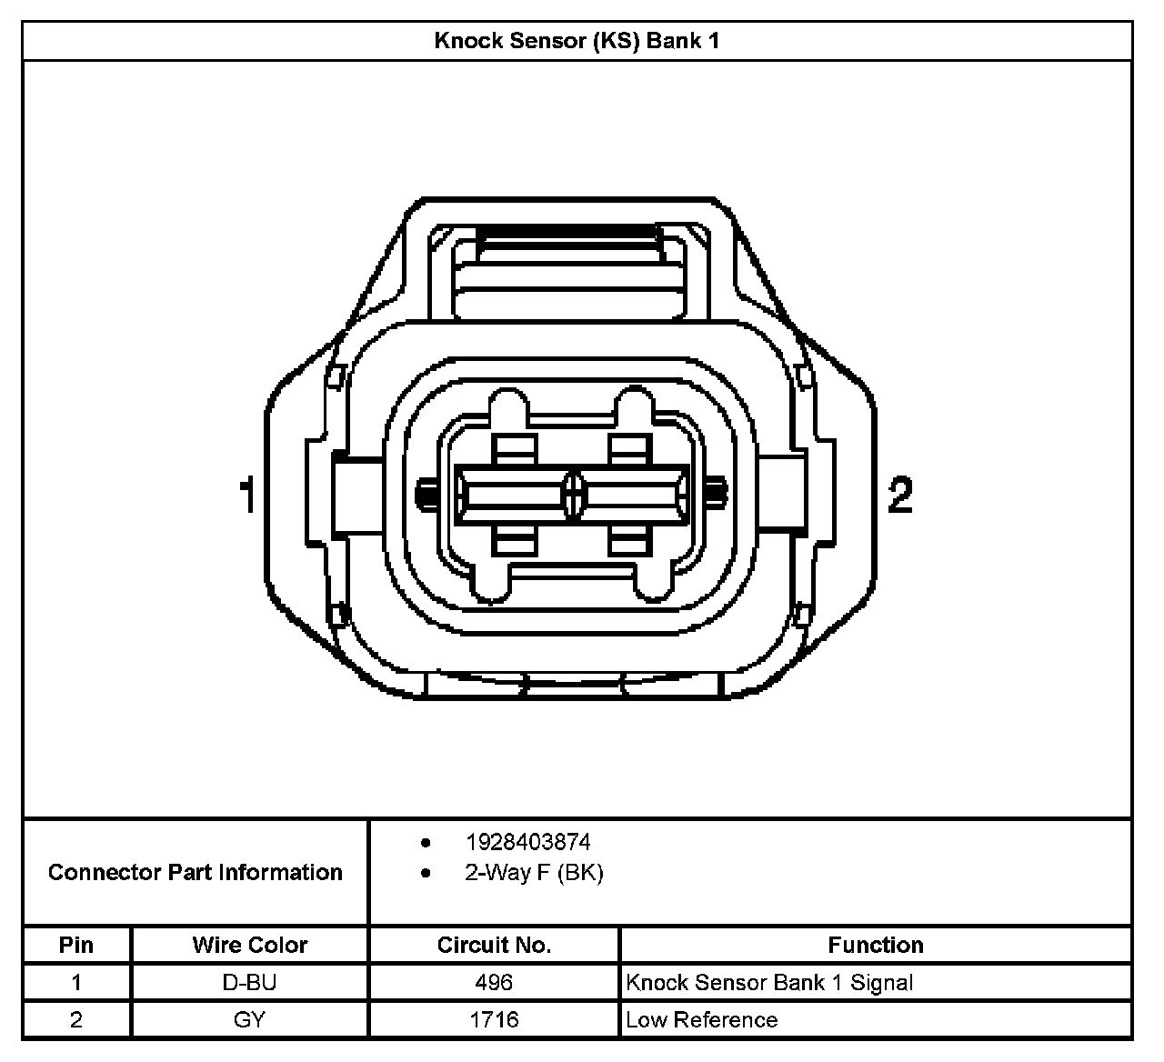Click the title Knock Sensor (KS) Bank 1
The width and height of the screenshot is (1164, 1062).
coord(577,41)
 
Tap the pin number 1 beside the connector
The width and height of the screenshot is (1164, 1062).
coord(247,495)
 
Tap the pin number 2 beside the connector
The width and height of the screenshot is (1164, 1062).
coord(900,495)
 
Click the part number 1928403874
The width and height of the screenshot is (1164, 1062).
coord(528,842)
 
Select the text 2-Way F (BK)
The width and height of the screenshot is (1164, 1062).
coord(534,872)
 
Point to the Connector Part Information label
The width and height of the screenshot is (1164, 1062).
coord(195,872)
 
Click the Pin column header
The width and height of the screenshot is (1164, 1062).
coord(76,945)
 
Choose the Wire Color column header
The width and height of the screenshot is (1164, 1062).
coord(249,945)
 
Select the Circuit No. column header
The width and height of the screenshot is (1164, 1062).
coord(494,945)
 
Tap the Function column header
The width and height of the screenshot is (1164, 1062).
coord(876,945)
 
